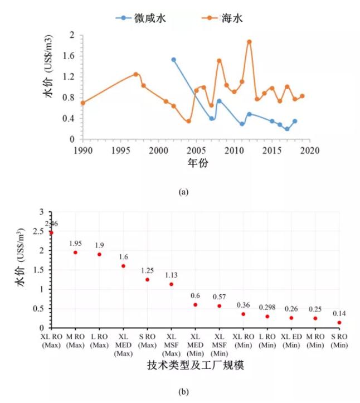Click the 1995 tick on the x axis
click(120, 150)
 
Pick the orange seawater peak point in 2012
click(249, 42)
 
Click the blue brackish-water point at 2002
click(173, 60)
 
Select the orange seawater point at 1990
click(83, 103)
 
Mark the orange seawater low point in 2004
click(188, 121)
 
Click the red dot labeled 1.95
click(75, 253)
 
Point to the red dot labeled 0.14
click(339, 323)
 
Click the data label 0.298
click(267, 307)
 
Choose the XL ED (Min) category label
click(291, 341)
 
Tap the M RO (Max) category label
click(75, 341)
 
